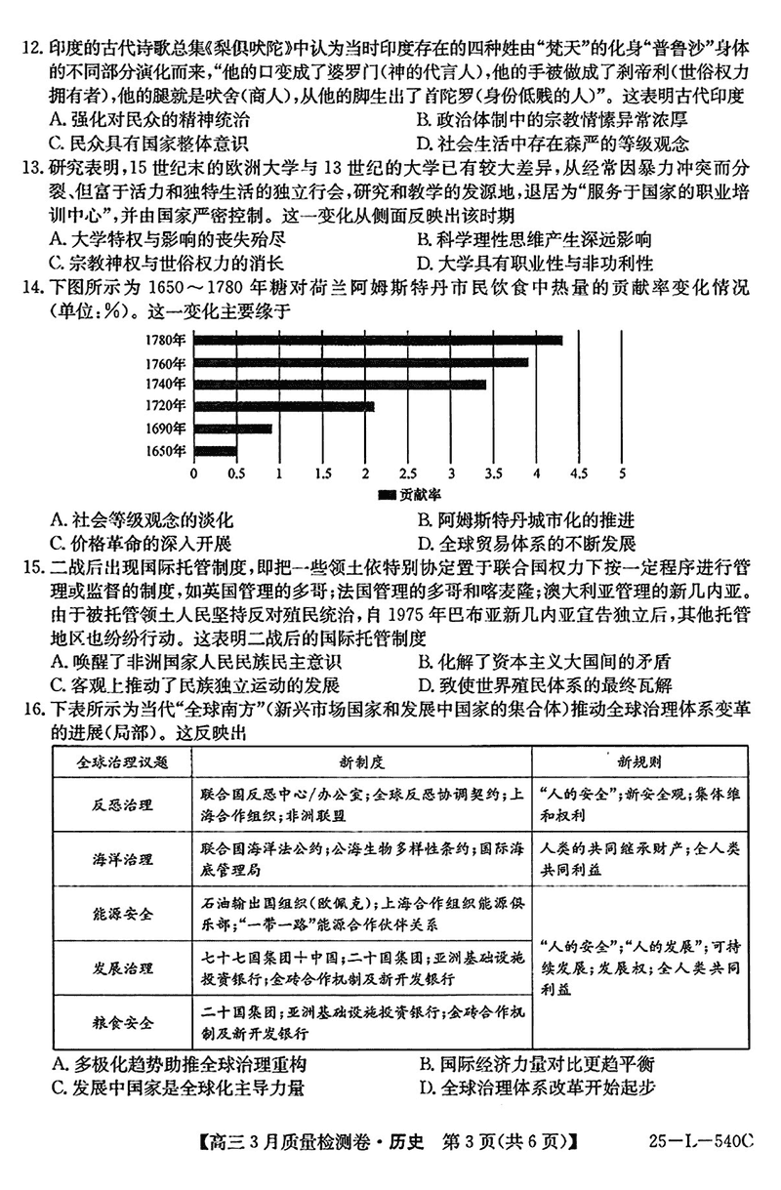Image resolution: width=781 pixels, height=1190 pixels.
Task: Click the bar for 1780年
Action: coord(379,340)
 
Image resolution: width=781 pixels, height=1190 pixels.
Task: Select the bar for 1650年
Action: coord(216,450)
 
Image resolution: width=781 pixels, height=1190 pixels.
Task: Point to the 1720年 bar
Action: coord(284,405)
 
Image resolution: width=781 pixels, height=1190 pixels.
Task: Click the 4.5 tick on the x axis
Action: coord(579,473)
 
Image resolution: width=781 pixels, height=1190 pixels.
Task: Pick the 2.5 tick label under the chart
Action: coord(408,473)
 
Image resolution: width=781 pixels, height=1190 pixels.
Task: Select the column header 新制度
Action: coord(360,760)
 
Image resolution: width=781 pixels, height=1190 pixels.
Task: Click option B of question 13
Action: coord(533,239)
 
